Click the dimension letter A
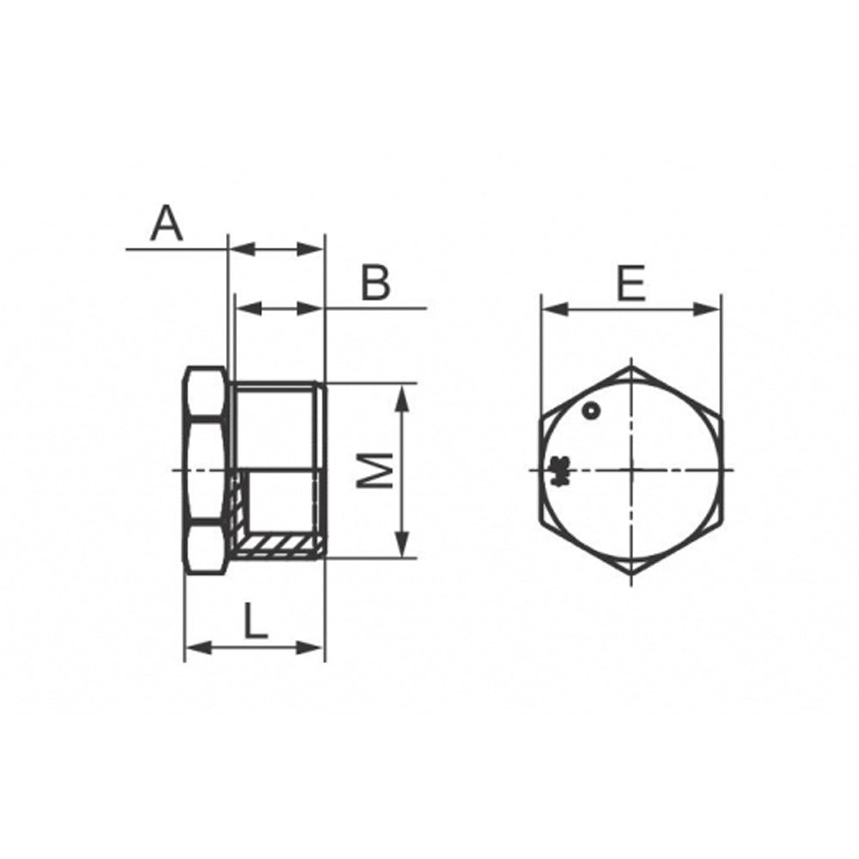(167, 223)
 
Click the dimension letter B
(376, 283)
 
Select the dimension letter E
(631, 283)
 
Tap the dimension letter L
(255, 621)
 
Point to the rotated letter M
(375, 470)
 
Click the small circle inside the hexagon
(591, 410)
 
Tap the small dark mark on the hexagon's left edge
(559, 471)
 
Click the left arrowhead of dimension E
(554, 309)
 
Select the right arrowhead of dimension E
(707, 309)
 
